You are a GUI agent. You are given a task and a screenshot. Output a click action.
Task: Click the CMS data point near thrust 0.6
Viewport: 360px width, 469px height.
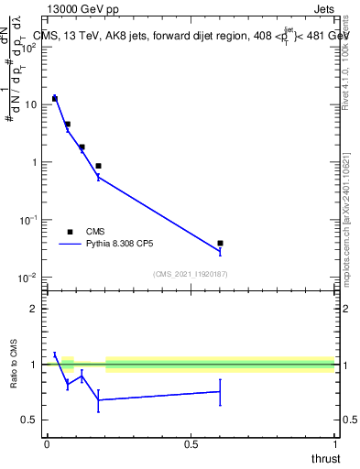click(x=220, y=243)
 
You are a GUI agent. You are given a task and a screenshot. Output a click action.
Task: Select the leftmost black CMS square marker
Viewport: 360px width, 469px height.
click(x=55, y=98)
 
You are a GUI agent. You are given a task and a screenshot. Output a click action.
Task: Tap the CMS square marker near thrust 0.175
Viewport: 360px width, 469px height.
click(x=98, y=166)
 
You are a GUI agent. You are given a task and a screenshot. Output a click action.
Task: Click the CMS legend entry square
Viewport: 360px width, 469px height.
click(x=70, y=232)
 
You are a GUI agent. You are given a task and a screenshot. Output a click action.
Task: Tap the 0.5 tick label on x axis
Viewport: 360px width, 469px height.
click(x=191, y=444)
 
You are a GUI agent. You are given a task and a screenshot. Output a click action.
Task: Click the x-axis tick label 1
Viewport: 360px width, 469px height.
click(x=334, y=444)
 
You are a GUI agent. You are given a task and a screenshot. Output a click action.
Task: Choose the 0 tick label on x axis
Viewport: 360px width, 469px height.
click(x=47, y=444)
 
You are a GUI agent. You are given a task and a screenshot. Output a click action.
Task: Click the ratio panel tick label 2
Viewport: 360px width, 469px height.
click(x=35, y=309)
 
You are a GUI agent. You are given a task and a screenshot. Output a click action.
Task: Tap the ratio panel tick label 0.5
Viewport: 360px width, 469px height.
click(x=31, y=420)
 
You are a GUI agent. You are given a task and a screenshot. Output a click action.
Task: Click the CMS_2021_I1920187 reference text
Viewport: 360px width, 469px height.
click(x=190, y=273)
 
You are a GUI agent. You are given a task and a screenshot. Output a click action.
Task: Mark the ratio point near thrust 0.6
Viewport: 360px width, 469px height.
click(x=220, y=391)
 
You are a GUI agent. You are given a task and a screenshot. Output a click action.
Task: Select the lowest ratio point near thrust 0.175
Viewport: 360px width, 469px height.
click(x=98, y=399)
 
